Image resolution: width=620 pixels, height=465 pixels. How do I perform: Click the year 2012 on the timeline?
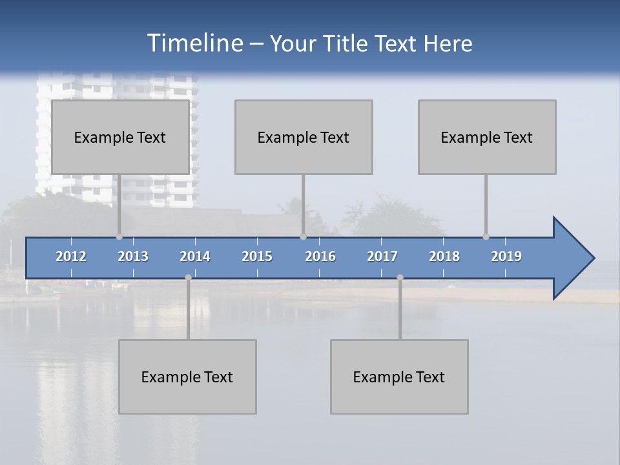pos(71,256)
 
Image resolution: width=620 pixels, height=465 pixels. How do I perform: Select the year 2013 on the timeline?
pos(133,256)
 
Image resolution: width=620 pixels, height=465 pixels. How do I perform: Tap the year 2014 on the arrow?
pos(195,256)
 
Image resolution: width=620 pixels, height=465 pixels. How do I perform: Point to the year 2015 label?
pos(257,256)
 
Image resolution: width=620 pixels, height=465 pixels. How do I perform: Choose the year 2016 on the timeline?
pos(320,256)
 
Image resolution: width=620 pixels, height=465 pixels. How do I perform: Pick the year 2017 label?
pos(382,256)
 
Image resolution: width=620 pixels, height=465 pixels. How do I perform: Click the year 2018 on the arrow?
pos(444,256)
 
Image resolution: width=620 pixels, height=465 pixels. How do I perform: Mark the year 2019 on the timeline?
pos(506,256)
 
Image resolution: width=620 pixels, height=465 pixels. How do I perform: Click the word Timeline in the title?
pos(194,43)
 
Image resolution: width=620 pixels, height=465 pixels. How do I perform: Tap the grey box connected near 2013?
pos(120,137)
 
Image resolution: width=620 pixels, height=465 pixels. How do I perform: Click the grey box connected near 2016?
pos(304,137)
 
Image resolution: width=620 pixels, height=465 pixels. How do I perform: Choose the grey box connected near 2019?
pos(487,137)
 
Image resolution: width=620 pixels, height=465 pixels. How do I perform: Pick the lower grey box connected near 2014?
pos(187,377)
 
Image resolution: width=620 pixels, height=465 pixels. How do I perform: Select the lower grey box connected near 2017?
pos(399,377)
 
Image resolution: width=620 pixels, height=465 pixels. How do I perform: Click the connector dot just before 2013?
pos(119,236)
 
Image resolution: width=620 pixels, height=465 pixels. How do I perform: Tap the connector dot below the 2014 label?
pos(188,277)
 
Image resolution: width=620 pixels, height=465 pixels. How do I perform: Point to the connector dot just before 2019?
pos(486,236)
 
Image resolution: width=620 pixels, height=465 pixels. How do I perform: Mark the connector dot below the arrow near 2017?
pos(400,277)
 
